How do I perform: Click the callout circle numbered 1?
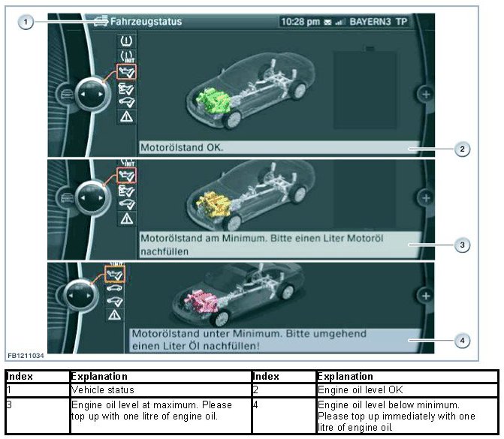click(x=26, y=23)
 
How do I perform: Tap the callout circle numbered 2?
click(x=462, y=149)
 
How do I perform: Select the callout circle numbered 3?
click(x=462, y=245)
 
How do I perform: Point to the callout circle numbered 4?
click(x=462, y=341)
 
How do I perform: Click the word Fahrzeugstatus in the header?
click(x=146, y=22)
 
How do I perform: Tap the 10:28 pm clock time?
click(x=300, y=22)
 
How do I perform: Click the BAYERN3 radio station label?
click(x=370, y=22)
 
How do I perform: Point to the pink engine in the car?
click(x=201, y=300)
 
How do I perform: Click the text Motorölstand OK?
click(x=182, y=147)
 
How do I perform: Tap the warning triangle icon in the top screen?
click(x=126, y=116)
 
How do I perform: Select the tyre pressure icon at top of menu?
click(x=126, y=41)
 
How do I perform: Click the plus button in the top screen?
click(x=426, y=95)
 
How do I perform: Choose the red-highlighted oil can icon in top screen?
click(x=126, y=71)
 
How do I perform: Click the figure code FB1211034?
click(x=26, y=356)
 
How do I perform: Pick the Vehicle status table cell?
click(x=103, y=390)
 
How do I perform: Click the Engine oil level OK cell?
click(x=360, y=390)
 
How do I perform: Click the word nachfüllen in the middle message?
click(x=164, y=251)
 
